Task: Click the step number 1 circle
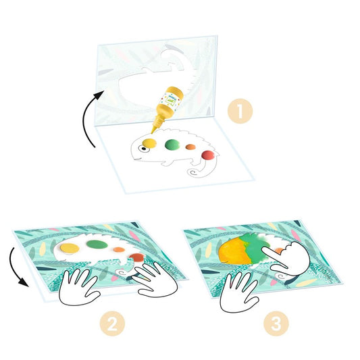240,111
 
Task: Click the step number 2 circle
112,324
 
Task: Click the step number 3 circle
276,324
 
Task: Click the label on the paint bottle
171,99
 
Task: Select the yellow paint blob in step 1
149,143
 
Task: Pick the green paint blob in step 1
172,145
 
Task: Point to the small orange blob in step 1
190,147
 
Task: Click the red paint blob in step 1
208,155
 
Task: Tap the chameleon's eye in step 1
144,149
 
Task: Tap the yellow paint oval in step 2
70,249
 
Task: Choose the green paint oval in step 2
97,245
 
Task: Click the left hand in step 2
78,287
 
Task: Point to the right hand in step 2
156,280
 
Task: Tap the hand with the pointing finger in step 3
287,258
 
